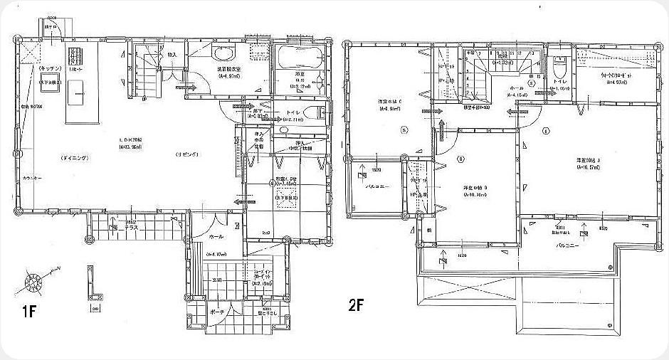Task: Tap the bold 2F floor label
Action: [x=357, y=307]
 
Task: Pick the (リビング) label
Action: [x=186, y=154]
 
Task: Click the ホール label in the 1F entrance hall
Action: [x=216, y=236]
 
